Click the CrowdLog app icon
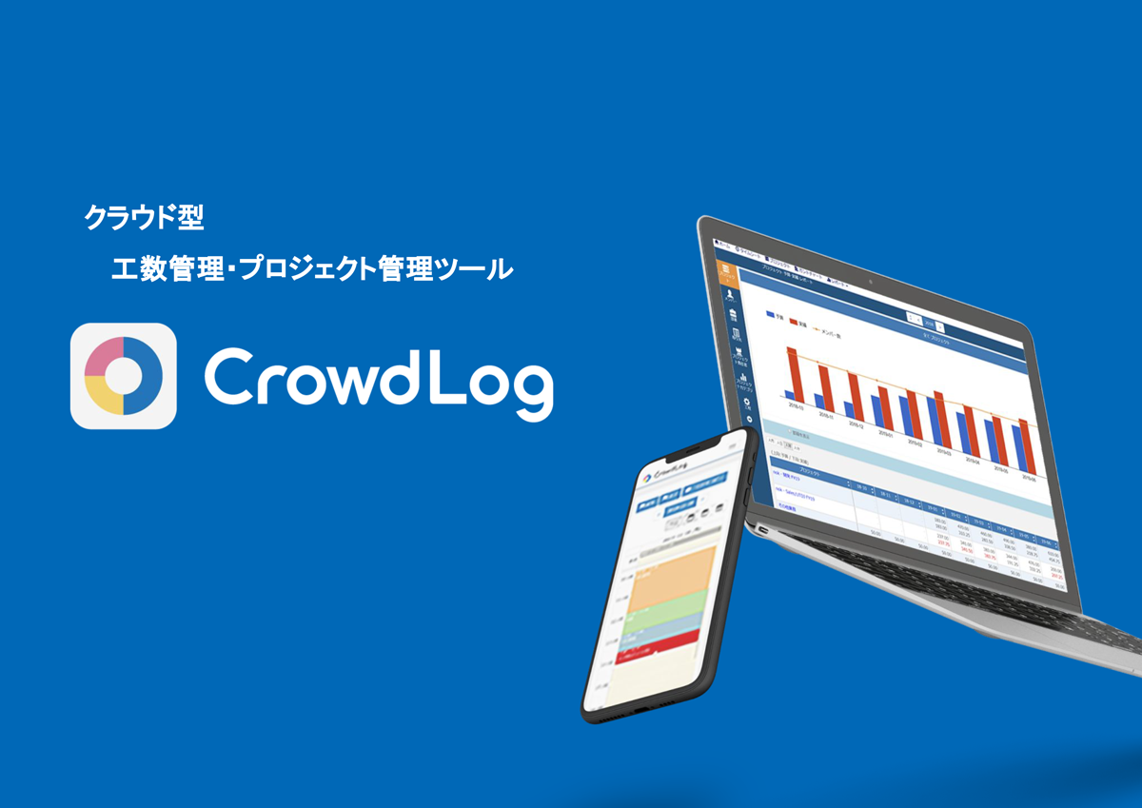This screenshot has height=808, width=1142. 124,376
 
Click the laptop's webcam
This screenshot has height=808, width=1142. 871,283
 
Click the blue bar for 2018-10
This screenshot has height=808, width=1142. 788,395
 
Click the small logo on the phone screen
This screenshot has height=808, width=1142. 649,477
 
